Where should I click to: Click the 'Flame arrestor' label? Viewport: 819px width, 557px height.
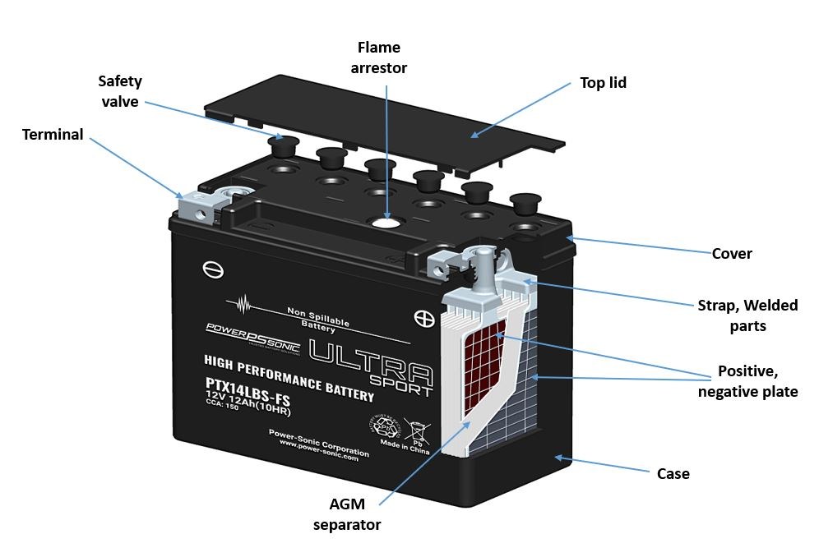pyautogui.click(x=379, y=58)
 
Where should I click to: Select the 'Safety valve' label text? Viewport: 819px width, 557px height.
pyautogui.click(x=120, y=91)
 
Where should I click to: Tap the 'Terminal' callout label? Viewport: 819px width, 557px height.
pyautogui.click(x=53, y=134)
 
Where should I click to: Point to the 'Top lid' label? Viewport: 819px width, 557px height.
pyautogui.click(x=603, y=82)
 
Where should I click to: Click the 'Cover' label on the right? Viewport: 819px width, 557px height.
pyautogui.click(x=732, y=253)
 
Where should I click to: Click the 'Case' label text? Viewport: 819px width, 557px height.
pyautogui.click(x=673, y=473)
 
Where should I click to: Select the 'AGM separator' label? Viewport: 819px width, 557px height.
pyautogui.click(x=347, y=513)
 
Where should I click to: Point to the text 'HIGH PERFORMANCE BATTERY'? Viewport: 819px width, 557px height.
pyautogui.click(x=288, y=377)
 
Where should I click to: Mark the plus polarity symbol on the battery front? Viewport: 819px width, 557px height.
pyautogui.click(x=423, y=317)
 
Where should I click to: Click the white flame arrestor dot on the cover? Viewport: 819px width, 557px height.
pyautogui.click(x=385, y=221)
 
